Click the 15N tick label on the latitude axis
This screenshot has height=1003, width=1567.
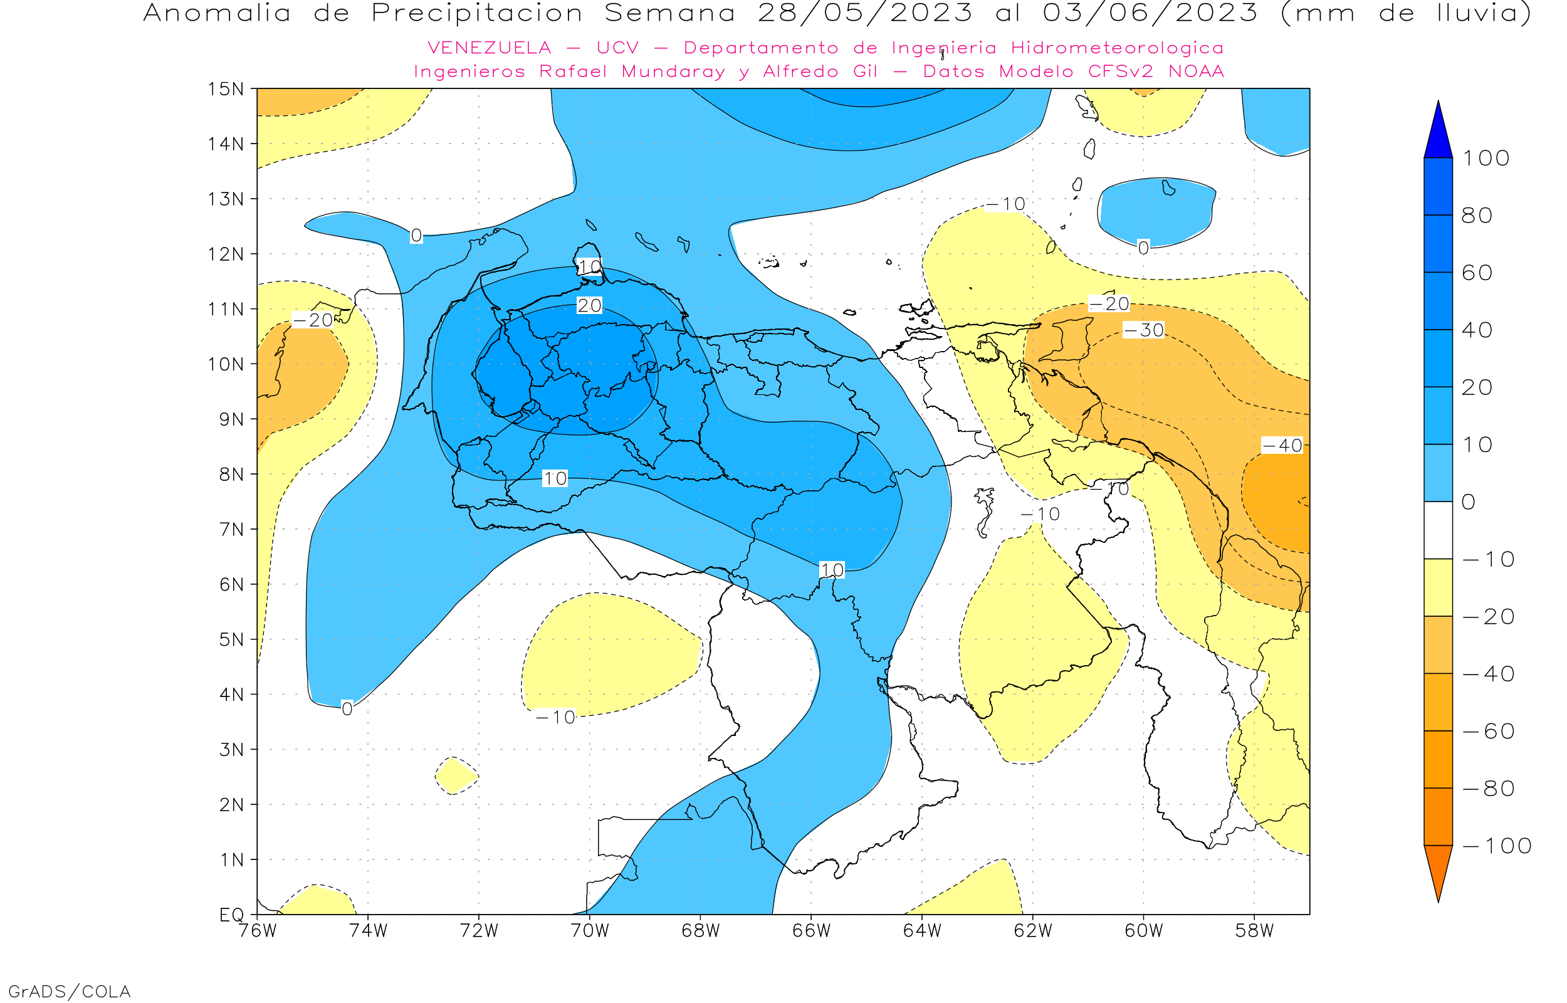(x=225, y=88)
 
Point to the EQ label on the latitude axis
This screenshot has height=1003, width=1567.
(x=232, y=915)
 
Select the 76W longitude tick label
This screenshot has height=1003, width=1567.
(x=257, y=931)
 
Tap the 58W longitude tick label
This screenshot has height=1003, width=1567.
(x=1254, y=931)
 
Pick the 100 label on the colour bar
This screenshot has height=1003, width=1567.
(x=1486, y=158)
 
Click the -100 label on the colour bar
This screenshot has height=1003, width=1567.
(x=1497, y=846)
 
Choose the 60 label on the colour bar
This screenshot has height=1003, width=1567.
(x=1477, y=273)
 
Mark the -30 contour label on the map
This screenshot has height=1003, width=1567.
(x=1143, y=331)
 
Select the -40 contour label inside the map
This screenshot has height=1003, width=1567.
(x=1282, y=446)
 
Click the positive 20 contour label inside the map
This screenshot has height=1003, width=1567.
(x=589, y=305)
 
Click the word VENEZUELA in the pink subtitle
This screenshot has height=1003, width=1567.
(x=489, y=48)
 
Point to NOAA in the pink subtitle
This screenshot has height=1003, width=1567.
(x=1196, y=71)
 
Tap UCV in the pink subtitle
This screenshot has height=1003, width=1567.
(x=617, y=48)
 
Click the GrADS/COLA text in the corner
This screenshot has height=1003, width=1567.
(x=69, y=991)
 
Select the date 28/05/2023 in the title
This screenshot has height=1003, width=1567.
(x=864, y=13)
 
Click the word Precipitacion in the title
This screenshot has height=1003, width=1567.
(x=476, y=13)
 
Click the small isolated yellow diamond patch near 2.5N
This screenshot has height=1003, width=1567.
(x=456, y=775)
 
